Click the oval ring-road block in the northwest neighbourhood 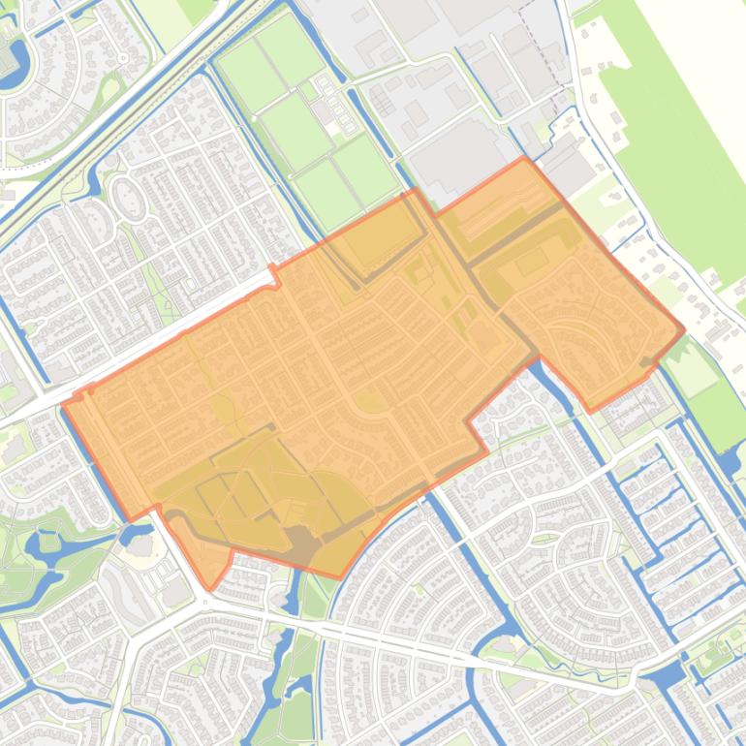pyautogui.click(x=129, y=199)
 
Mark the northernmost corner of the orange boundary pyautogui.click(x=524, y=158)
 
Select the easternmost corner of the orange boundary pyautogui.click(x=684, y=329)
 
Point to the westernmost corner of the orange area pyautogui.click(x=64, y=403)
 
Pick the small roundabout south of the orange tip pyautogui.click(x=205, y=601)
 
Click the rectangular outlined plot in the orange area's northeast pyautogui.click(x=531, y=262)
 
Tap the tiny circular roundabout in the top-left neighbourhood pyautogui.click(x=123, y=58)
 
